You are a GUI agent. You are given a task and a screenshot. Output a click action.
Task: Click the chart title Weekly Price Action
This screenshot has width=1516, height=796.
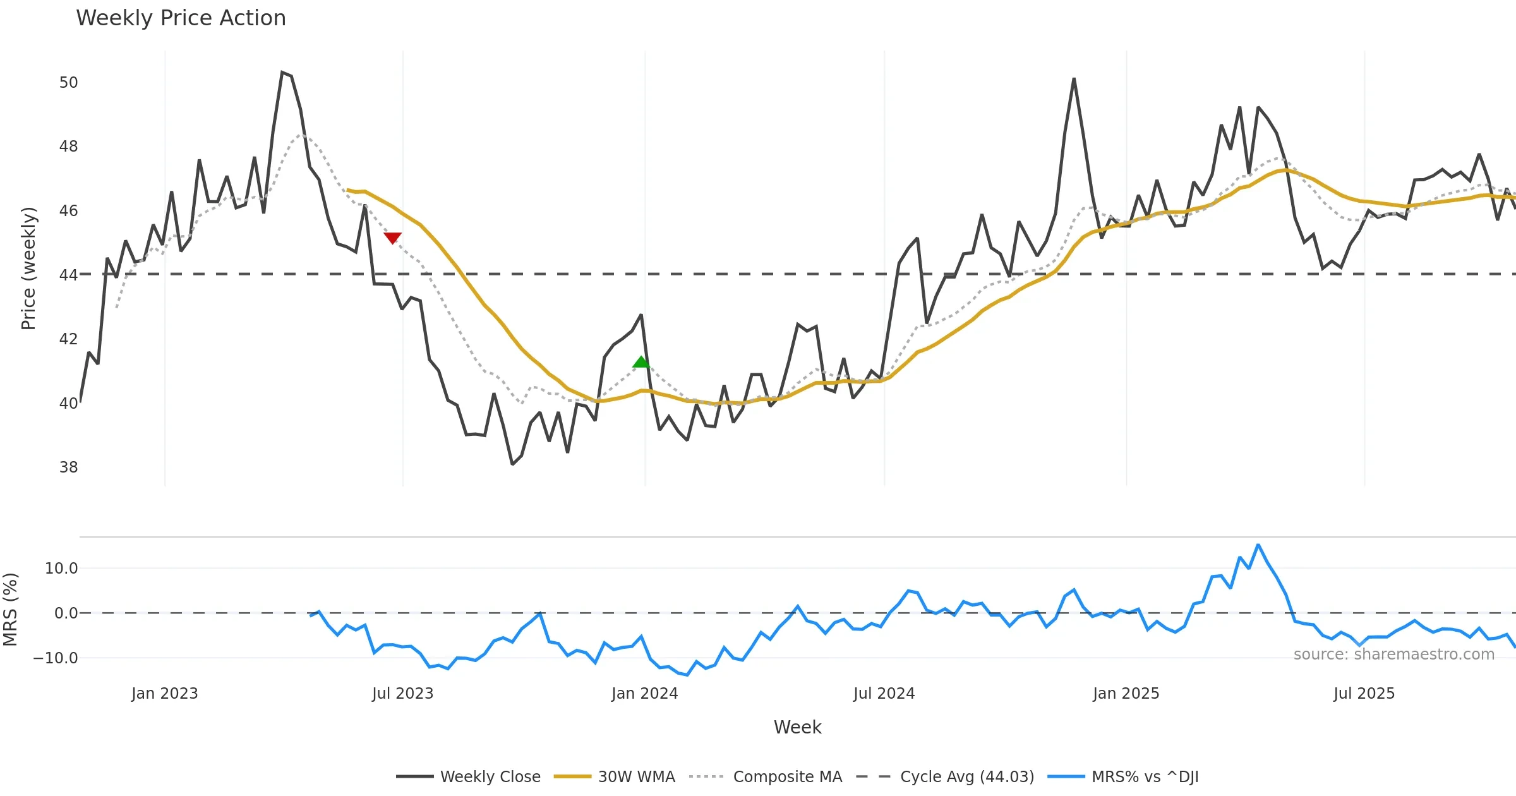pyautogui.click(x=181, y=18)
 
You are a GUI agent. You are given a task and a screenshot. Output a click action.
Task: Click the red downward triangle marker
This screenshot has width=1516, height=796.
pyautogui.click(x=392, y=238)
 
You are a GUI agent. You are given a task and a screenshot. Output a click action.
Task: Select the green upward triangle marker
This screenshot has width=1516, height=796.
pyautogui.click(x=641, y=362)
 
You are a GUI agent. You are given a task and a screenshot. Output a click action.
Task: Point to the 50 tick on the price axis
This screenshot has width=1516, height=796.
pyautogui.click(x=68, y=83)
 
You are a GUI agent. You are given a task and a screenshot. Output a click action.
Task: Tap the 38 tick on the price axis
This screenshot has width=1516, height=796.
pyautogui.click(x=68, y=467)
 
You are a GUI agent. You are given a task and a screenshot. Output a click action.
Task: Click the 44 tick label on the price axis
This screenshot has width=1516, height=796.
pyautogui.click(x=68, y=275)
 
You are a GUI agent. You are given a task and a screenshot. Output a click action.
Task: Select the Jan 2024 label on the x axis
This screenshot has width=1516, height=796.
pyautogui.click(x=644, y=694)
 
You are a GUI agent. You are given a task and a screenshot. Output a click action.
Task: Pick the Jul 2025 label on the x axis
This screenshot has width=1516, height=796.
pyautogui.click(x=1364, y=694)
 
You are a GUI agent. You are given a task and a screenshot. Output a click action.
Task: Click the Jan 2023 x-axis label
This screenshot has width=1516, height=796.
pyautogui.click(x=164, y=694)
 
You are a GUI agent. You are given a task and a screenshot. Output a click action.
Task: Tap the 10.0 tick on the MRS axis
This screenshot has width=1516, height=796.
pyautogui.click(x=61, y=569)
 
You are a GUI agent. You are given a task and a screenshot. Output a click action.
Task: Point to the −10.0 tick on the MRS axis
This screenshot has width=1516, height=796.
pyautogui.click(x=56, y=658)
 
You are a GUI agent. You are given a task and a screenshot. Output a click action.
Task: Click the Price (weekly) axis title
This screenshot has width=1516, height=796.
pyautogui.click(x=29, y=268)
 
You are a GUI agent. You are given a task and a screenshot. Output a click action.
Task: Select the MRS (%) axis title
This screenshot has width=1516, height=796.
pyautogui.click(x=11, y=610)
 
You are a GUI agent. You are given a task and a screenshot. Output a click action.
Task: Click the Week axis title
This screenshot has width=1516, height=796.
pyautogui.click(x=797, y=728)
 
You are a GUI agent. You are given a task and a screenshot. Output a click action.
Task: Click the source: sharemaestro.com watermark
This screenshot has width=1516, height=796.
pyautogui.click(x=1393, y=654)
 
